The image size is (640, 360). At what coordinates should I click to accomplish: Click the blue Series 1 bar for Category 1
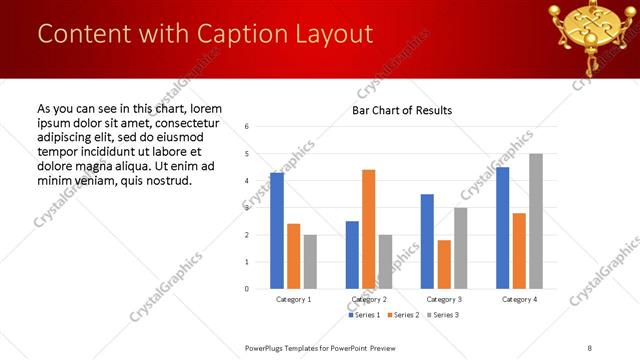(277, 231)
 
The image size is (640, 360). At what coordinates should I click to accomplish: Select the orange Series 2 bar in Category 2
(369, 229)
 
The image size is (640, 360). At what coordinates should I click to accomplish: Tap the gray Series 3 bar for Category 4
(536, 221)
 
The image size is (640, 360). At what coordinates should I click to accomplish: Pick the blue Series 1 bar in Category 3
(427, 241)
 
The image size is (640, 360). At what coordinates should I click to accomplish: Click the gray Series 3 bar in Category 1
(310, 262)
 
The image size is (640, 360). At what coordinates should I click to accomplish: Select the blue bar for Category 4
(503, 228)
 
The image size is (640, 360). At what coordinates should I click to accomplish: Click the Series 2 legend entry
(404, 315)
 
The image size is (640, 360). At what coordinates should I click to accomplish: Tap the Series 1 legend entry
(365, 315)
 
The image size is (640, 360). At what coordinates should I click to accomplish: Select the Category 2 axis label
(369, 299)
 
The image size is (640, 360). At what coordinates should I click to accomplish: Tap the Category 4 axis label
(519, 299)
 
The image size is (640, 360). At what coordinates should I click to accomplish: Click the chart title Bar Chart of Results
(402, 110)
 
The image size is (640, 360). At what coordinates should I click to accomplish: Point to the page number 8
(588, 347)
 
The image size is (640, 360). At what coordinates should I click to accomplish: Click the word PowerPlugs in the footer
(268, 347)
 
